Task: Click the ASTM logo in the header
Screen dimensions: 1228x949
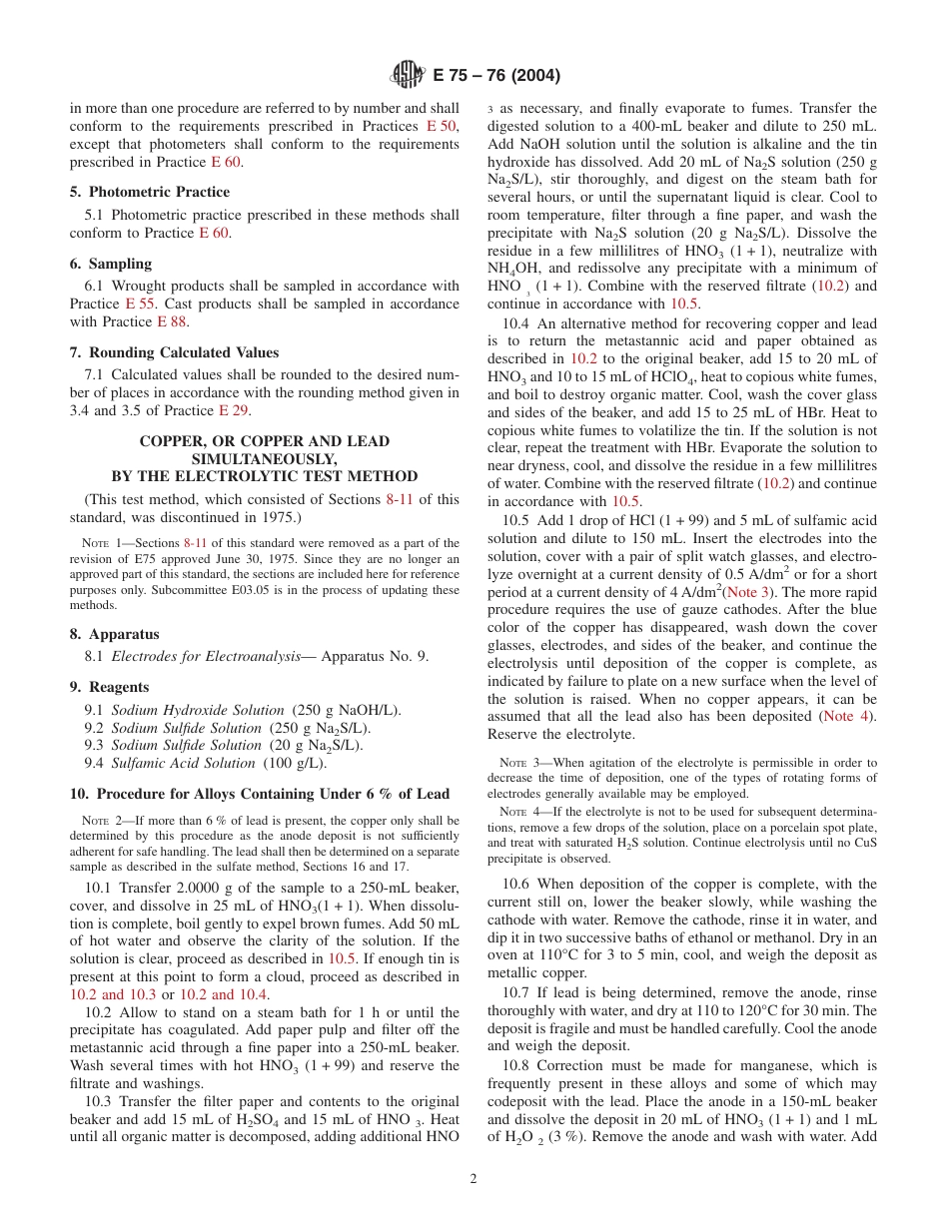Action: tap(408, 74)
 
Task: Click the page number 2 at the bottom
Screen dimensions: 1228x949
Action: tap(474, 1178)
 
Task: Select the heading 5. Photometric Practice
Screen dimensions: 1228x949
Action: tap(149, 192)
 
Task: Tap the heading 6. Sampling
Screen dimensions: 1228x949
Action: tap(110, 264)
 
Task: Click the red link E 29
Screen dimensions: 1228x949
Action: tap(230, 410)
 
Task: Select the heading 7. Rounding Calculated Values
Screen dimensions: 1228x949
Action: tap(174, 352)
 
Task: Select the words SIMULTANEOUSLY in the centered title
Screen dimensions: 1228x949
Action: tap(265, 458)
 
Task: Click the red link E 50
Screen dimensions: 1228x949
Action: tap(442, 126)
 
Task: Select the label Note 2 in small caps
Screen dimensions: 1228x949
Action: tap(99, 822)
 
